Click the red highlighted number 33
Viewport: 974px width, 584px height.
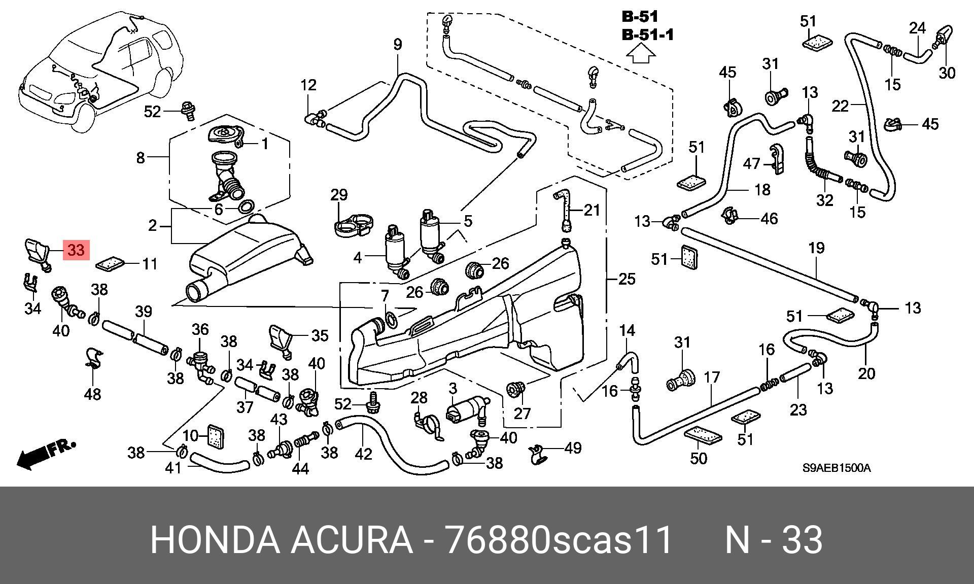coord(76,250)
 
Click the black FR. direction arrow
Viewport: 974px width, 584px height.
coord(46,454)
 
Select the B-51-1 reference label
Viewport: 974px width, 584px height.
coord(648,36)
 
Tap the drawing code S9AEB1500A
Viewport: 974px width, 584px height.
coord(836,468)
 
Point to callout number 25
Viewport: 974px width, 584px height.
coord(627,279)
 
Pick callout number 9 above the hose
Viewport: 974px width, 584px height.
coord(398,45)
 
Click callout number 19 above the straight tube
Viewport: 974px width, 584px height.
coord(816,248)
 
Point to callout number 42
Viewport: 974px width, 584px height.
coord(363,454)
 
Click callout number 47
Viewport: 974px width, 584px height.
coord(752,164)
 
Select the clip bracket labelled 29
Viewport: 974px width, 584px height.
coord(354,225)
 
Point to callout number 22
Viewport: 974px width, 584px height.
coord(841,106)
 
